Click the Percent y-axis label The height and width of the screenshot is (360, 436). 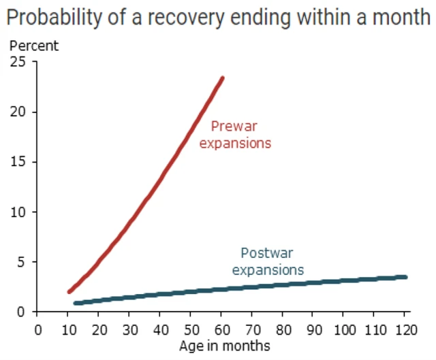33,46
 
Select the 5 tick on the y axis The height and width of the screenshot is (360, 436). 20,262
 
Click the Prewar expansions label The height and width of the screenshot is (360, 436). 235,135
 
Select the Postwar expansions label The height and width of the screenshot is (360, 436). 268,261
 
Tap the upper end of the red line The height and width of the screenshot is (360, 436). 221,78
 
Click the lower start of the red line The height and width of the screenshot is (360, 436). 69,291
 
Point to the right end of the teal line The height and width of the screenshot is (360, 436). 405,277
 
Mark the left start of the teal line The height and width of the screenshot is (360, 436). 76,303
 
